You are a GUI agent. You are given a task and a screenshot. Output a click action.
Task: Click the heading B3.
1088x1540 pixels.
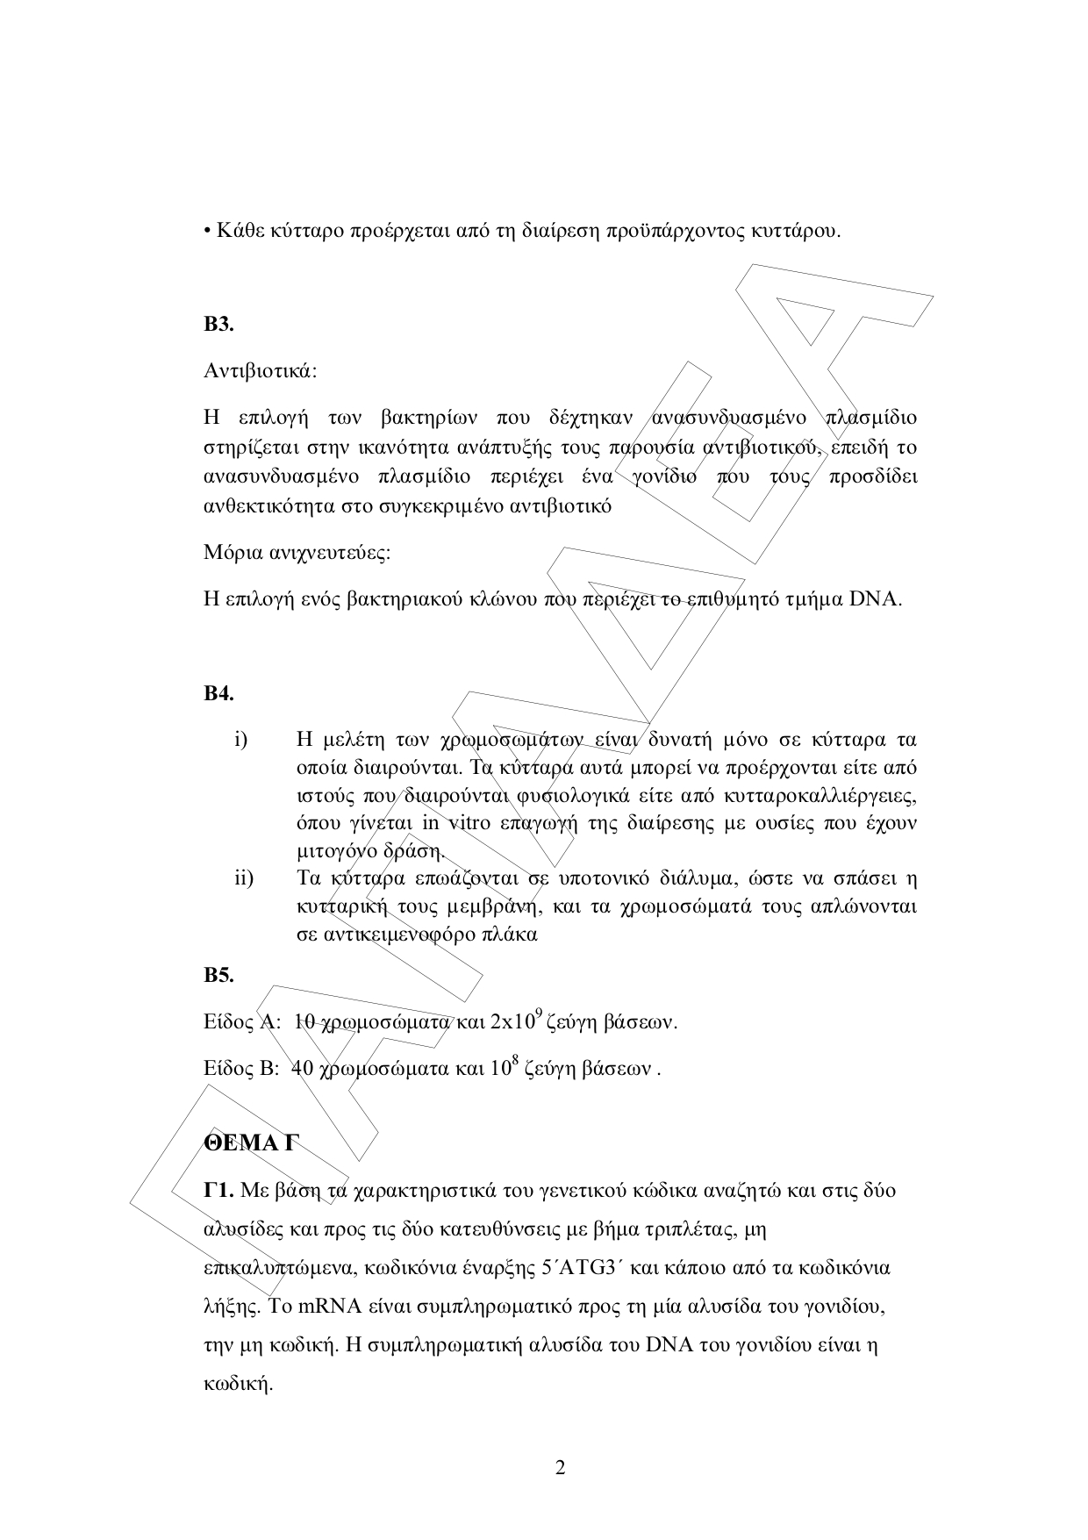click(218, 325)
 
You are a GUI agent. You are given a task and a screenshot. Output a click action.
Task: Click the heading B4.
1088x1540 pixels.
click(218, 694)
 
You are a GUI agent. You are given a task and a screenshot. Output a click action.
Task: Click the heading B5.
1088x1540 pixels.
click(218, 975)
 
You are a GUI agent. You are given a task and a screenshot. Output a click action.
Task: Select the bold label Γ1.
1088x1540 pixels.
click(218, 1191)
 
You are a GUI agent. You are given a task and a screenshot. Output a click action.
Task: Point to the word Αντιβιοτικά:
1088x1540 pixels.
click(260, 371)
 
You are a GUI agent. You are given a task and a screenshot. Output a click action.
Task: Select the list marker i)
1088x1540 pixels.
click(241, 740)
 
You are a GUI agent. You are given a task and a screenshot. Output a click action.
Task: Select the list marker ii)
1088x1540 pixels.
click(244, 878)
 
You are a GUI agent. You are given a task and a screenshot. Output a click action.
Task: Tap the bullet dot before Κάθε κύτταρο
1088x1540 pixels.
click(206, 233)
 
